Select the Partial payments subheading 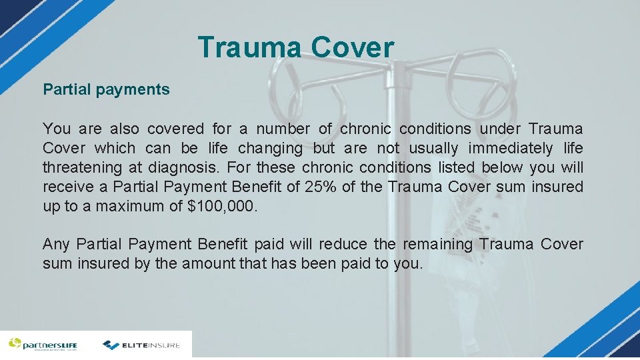point(107,89)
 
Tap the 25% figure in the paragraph point(320,187)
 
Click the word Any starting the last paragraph point(55,245)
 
